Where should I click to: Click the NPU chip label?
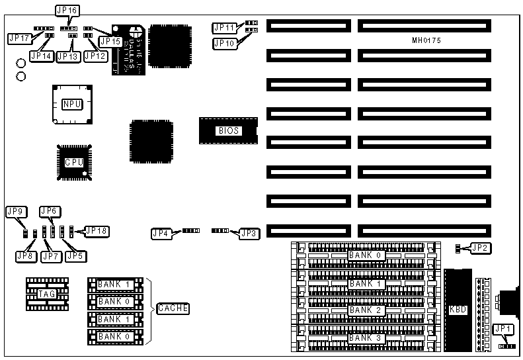[x=71, y=105]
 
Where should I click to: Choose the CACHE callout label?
[x=173, y=308]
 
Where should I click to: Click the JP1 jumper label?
[x=503, y=329]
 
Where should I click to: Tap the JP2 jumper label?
[x=479, y=248]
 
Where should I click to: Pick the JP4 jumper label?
[x=161, y=232]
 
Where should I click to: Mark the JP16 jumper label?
[x=67, y=11]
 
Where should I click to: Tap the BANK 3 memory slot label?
[x=365, y=337]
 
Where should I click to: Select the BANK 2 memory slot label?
[x=365, y=310]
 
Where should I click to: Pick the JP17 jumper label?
[x=19, y=38]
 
